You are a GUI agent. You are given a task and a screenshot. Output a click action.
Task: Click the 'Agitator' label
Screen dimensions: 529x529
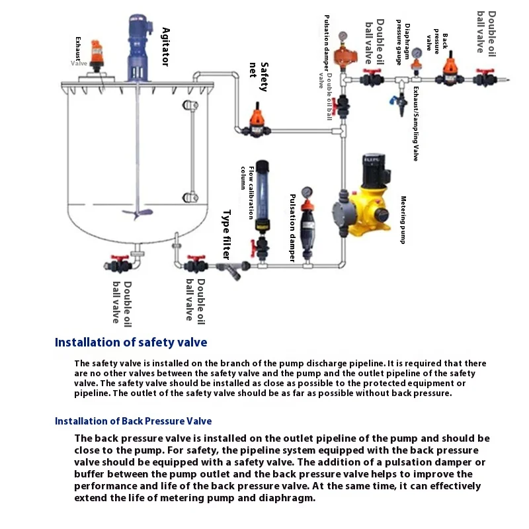point(165,46)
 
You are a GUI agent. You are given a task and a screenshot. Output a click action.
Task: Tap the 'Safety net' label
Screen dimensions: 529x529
point(259,79)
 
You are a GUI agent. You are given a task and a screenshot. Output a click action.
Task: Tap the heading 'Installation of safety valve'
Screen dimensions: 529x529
point(131,342)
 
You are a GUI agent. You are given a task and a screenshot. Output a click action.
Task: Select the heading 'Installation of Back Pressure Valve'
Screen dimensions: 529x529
point(133,421)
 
